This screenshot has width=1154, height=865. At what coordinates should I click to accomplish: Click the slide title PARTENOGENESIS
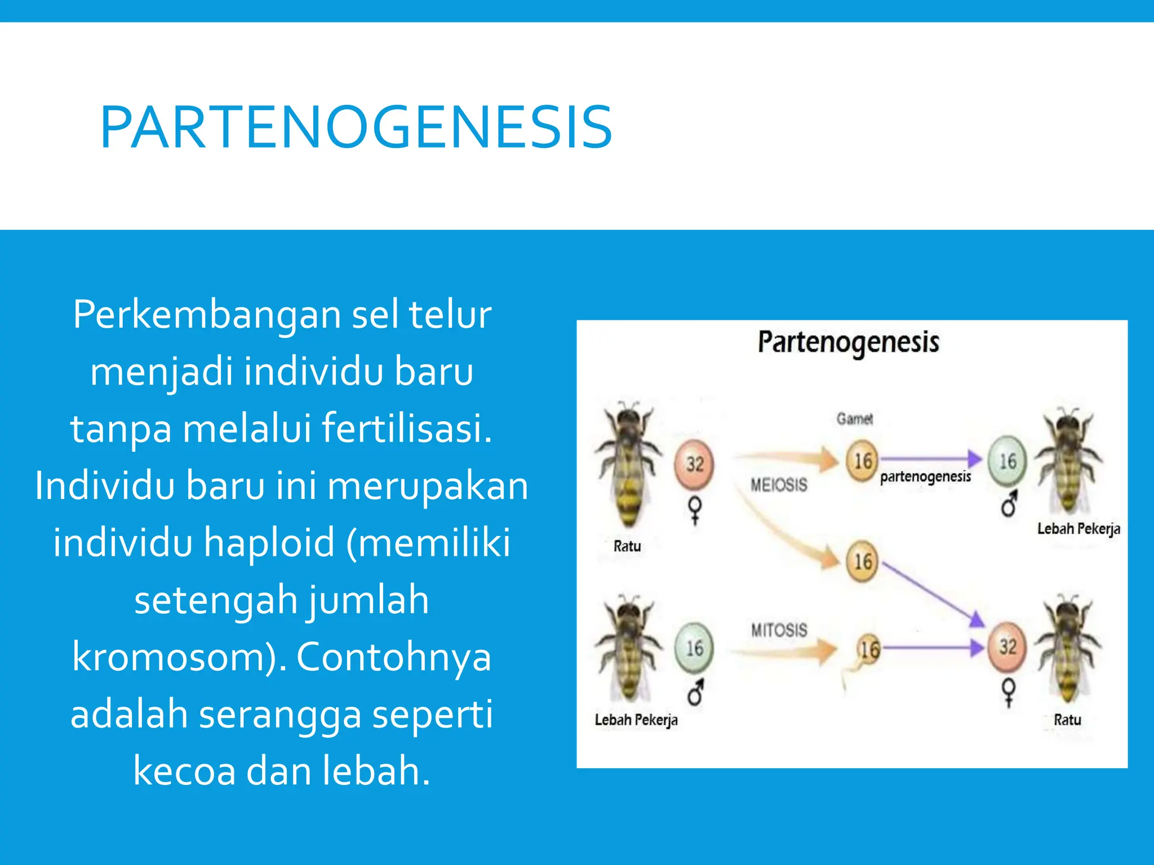(356, 128)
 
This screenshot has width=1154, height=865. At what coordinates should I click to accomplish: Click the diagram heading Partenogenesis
(848, 342)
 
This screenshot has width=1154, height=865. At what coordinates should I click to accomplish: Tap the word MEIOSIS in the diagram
(779, 484)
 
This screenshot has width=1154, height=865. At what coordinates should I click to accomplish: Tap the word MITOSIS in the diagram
(779, 630)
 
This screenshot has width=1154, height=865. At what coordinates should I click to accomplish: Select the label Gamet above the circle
(854, 418)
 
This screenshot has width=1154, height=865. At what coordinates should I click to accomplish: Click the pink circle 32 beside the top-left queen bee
(695, 463)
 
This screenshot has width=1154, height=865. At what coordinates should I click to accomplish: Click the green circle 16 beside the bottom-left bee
(694, 648)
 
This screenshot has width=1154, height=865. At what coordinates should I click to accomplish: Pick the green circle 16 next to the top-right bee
(1007, 461)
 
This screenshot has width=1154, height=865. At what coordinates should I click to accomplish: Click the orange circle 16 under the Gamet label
(862, 461)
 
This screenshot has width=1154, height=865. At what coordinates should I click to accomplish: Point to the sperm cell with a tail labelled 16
(868, 650)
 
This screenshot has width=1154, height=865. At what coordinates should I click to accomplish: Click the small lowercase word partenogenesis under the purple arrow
(925, 477)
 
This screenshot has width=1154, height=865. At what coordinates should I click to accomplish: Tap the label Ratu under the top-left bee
(627, 546)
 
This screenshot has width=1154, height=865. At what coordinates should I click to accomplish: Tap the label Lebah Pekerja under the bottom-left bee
(636, 720)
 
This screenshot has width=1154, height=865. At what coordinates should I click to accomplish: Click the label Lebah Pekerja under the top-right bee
(1078, 528)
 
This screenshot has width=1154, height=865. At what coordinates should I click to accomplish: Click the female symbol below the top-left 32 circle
(695, 510)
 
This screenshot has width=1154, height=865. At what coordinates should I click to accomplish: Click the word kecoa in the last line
(184, 770)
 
